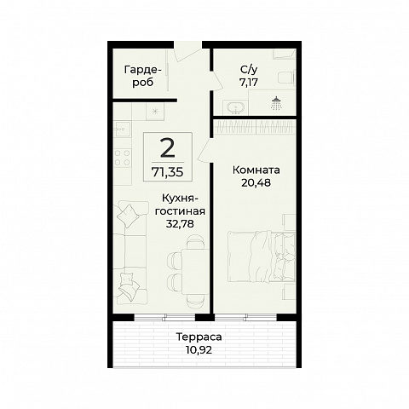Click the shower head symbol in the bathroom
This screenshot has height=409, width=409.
click(276, 103)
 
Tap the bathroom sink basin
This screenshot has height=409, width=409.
click(236, 107)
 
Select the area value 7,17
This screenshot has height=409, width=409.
click(249, 83)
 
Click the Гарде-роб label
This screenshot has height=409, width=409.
click(143, 76)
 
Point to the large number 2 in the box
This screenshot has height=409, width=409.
click(168, 148)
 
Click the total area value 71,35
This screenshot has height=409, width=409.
click(168, 172)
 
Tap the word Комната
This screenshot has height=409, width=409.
click(256, 170)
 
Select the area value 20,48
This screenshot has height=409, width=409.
click(256, 182)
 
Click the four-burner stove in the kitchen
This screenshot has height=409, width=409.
click(123, 158)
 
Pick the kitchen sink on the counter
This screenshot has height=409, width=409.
click(122, 130)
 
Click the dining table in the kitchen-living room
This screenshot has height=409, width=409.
click(196, 271)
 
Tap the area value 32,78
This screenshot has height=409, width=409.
click(180, 224)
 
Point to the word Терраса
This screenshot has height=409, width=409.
click(199, 337)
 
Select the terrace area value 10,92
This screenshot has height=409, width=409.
click(199, 350)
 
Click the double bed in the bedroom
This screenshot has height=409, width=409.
click(262, 256)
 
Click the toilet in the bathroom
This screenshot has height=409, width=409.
click(285, 78)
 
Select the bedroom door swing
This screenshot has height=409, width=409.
click(205, 150)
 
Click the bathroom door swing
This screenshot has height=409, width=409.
click(216, 81)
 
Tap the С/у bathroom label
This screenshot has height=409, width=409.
click(249, 70)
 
